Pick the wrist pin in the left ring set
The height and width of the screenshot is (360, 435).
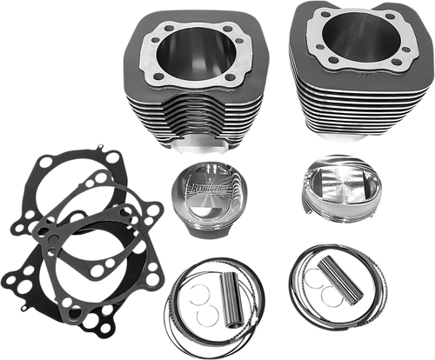pyautogui.click(x=216, y=305)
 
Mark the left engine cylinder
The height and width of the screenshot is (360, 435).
pyautogui.click(x=185, y=96)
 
